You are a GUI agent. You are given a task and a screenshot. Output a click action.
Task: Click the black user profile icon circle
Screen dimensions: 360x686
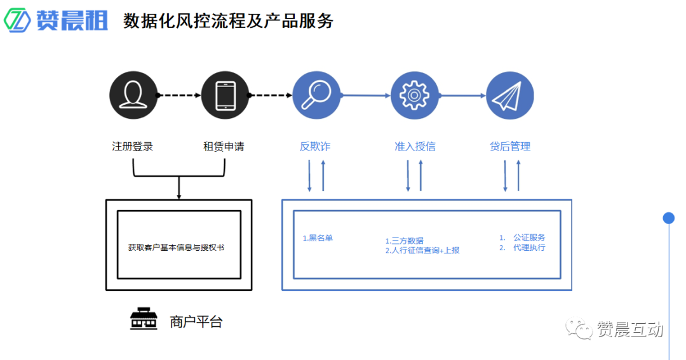(133, 95)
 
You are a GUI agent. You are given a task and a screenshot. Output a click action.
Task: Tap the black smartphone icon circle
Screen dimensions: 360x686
(225, 95)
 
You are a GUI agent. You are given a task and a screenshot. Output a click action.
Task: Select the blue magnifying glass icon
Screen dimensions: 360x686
(316, 95)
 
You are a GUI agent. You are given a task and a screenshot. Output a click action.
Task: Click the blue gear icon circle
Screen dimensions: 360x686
(415, 95)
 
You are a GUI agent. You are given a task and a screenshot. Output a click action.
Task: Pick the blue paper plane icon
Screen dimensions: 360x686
(509, 95)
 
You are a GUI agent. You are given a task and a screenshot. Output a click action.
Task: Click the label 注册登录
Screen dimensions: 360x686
(133, 147)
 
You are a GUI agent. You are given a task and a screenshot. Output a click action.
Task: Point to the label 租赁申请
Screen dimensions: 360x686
(224, 147)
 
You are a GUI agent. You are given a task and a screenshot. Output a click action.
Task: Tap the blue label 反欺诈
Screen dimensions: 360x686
(315, 147)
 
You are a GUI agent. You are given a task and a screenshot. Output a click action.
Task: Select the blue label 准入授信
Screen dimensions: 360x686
(415, 147)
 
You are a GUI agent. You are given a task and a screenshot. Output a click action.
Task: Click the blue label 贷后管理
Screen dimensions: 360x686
(510, 147)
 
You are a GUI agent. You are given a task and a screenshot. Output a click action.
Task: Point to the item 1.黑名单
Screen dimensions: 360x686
(318, 239)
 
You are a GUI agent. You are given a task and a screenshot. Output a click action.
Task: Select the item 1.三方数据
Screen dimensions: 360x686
(405, 241)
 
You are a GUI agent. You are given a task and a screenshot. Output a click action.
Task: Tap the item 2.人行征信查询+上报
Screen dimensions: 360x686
(422, 250)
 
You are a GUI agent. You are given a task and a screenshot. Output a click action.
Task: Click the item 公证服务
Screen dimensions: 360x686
(529, 237)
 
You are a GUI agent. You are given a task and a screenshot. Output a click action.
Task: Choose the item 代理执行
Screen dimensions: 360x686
(529, 248)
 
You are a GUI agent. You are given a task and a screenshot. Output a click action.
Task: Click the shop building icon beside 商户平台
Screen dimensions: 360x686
(144, 320)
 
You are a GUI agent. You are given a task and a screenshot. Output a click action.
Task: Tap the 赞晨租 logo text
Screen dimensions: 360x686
(72, 20)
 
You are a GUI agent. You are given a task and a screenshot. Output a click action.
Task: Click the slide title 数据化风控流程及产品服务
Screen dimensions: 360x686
(228, 21)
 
